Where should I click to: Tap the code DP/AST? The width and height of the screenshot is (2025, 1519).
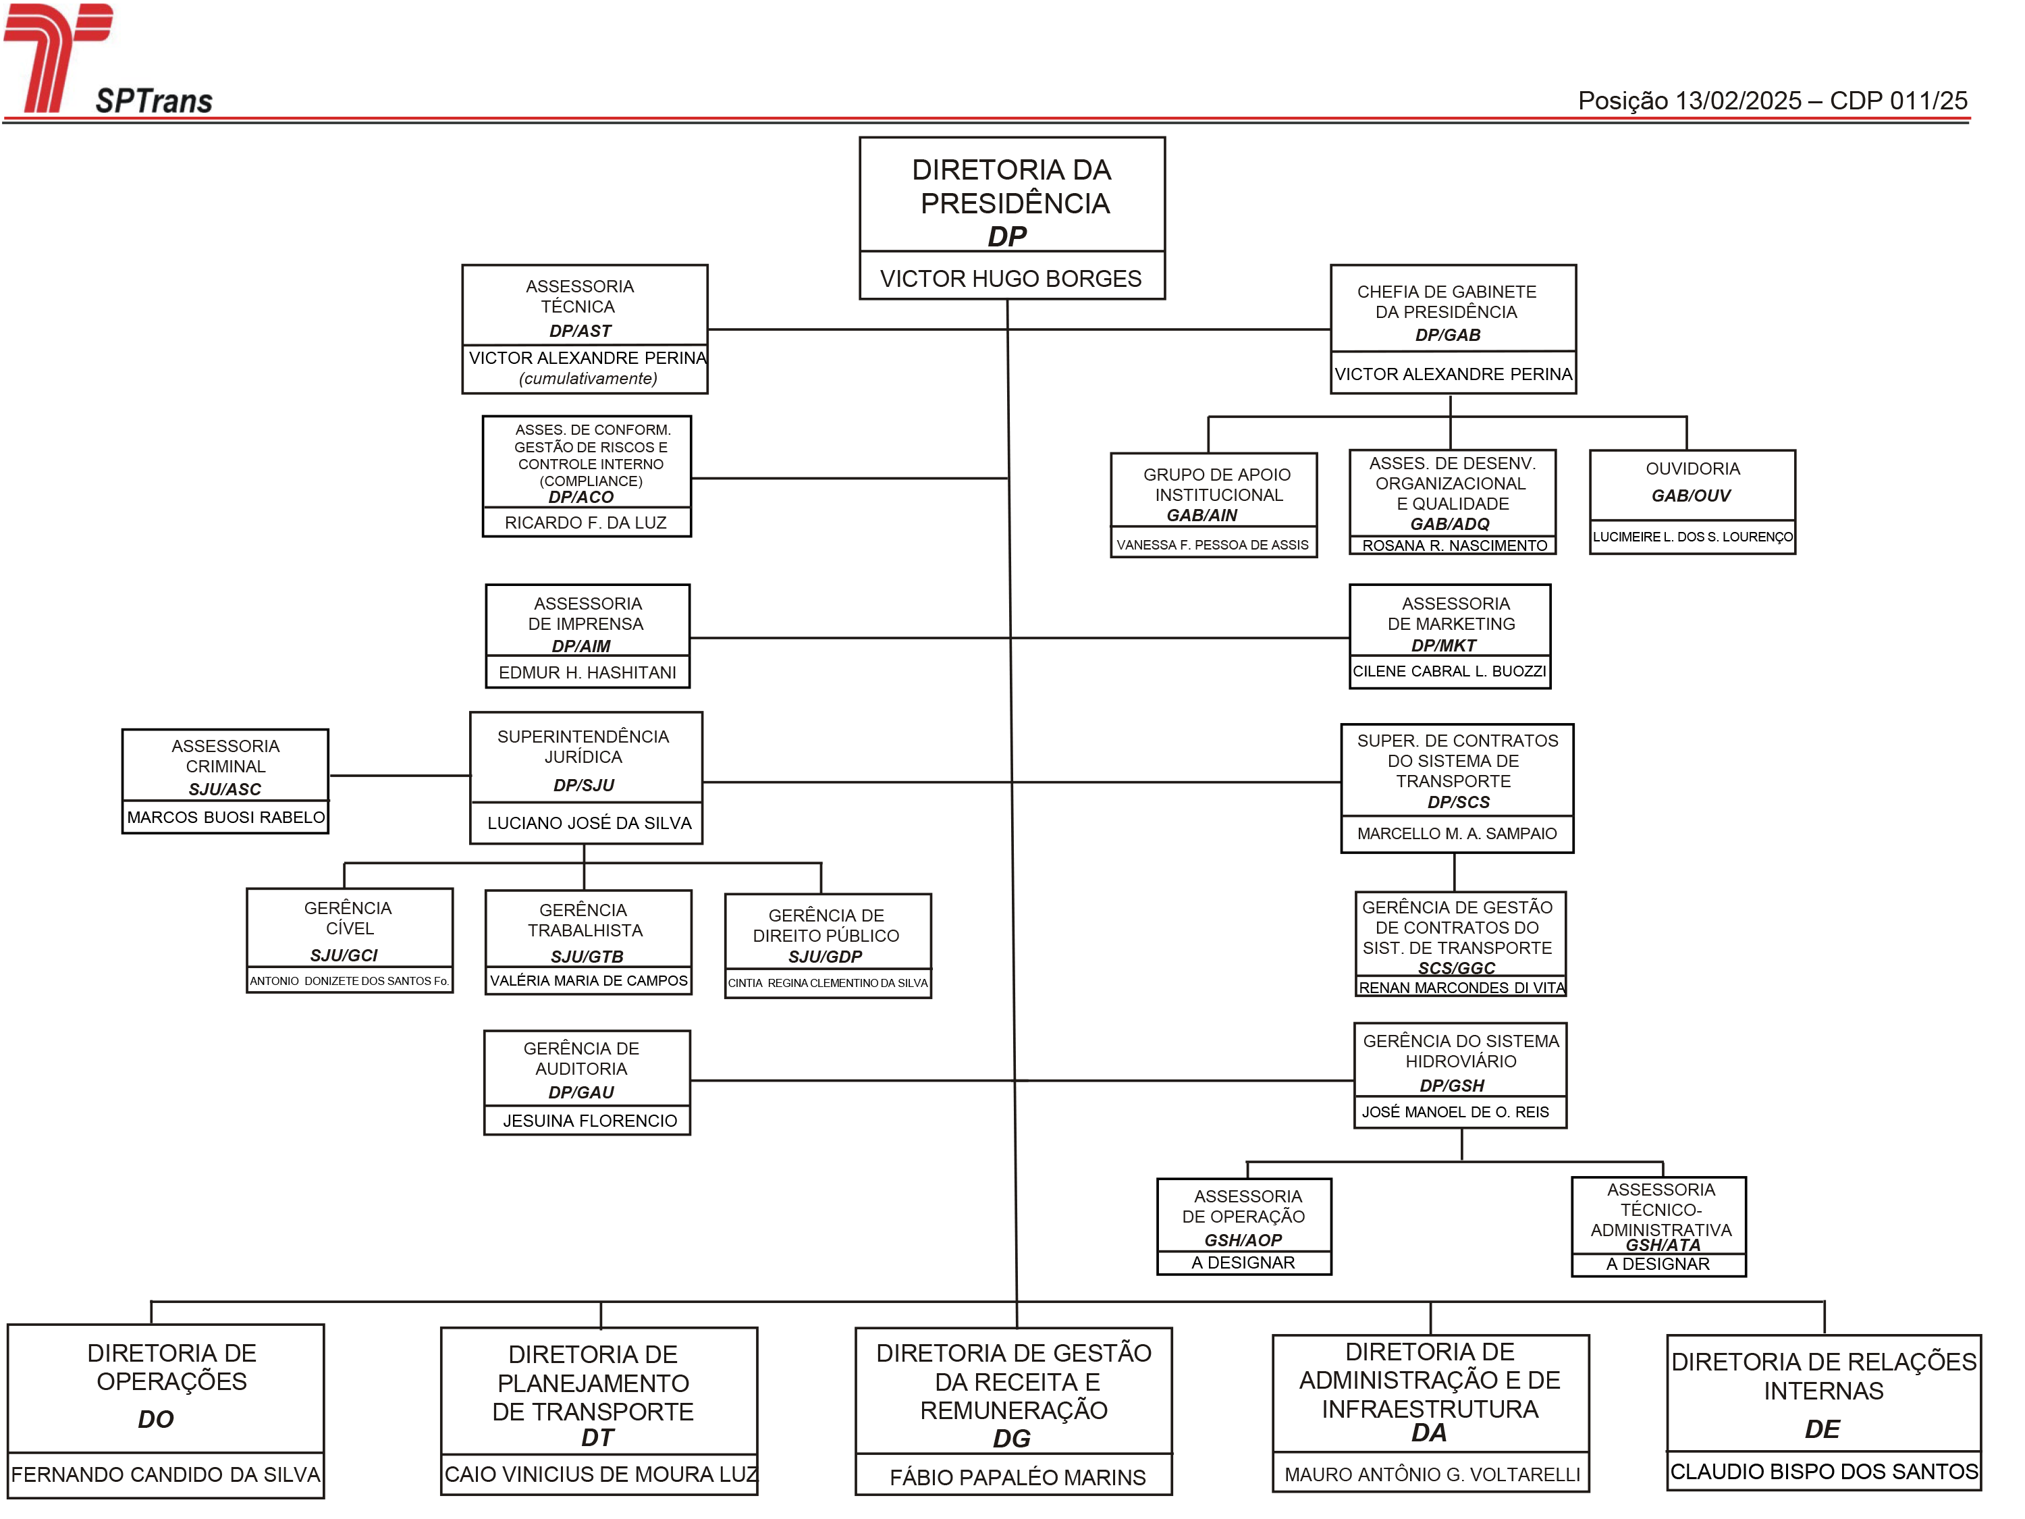580,331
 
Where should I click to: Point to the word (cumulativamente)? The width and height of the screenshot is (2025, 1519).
588,378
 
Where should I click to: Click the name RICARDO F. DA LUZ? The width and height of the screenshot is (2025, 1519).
586,523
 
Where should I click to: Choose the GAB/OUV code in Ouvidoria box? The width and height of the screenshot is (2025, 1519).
1691,496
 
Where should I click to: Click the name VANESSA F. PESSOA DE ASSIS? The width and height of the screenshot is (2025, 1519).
1212,545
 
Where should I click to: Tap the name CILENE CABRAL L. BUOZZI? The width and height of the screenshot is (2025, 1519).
1449,671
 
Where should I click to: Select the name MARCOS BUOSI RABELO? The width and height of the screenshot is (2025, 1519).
226,817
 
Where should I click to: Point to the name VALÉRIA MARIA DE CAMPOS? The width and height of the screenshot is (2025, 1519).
589,981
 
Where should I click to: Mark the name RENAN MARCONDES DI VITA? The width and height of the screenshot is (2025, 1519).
1461,988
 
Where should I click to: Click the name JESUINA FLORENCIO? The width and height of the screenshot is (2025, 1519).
589,1121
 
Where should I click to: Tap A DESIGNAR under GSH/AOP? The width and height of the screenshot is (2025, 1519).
1243,1262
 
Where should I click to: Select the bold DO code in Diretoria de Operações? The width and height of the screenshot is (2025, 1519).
156,1419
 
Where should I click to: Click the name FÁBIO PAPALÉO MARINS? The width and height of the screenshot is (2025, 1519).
1017,1477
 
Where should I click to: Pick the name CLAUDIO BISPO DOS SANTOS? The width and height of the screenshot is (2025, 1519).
1824,1471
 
